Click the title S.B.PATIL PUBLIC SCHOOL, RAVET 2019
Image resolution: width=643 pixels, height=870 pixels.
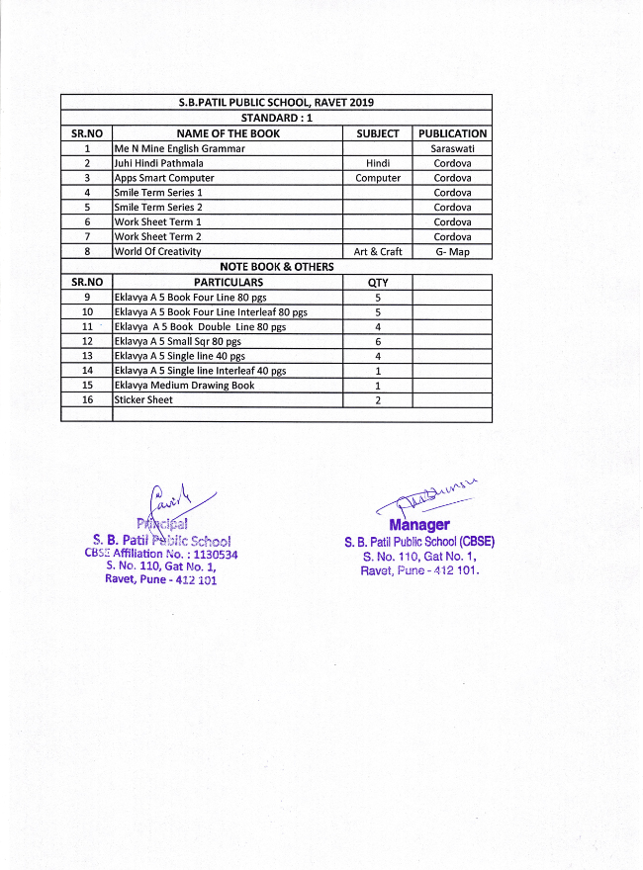276,103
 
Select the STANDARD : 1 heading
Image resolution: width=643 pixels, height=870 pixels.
276,118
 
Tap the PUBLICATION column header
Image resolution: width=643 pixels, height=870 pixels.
452,133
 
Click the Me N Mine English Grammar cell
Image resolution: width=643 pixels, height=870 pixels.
180,148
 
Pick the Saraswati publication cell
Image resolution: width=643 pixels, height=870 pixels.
452,148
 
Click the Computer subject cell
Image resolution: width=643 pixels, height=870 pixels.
378,178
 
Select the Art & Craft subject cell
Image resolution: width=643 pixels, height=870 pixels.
378,252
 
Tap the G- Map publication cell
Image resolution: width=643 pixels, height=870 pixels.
452,252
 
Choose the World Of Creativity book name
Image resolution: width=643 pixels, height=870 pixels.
157,252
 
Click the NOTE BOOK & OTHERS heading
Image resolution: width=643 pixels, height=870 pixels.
276,267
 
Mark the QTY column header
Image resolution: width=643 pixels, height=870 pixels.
378,282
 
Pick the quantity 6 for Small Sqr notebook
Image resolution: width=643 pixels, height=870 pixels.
378,341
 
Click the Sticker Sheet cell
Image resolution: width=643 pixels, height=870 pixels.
143,399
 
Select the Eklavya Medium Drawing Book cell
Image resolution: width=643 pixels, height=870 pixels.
184,385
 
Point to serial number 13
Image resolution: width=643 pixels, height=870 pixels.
87,356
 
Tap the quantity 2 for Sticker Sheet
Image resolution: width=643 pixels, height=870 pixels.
378,399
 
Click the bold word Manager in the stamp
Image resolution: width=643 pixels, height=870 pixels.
419,525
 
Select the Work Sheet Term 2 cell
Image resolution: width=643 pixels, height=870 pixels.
157,237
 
